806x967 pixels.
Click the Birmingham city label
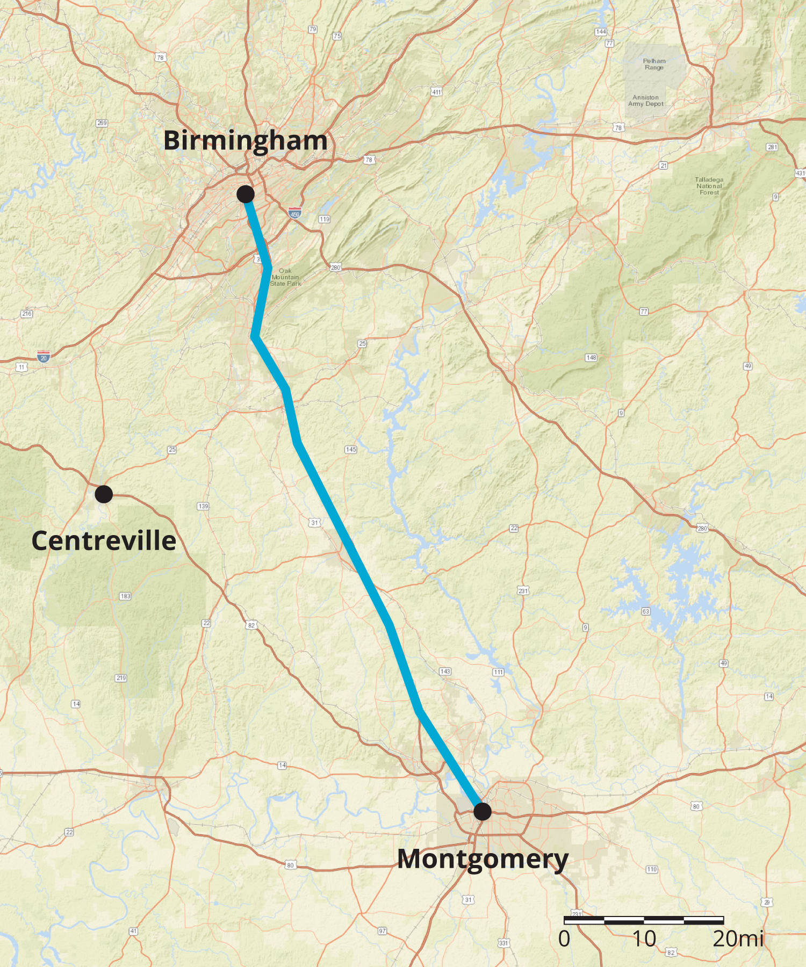pos(245,141)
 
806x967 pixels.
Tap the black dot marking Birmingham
pos(246,194)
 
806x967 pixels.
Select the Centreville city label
pos(104,540)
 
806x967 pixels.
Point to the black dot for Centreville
pos(104,494)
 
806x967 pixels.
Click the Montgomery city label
pos(483,858)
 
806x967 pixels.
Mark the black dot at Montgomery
pos(483,811)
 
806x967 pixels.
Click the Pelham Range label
pos(654,64)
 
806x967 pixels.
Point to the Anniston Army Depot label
pos(646,101)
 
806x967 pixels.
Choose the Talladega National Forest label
pos(709,186)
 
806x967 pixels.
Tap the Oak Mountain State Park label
pos(285,277)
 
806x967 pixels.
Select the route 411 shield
pos(437,92)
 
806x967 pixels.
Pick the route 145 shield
pos(351,449)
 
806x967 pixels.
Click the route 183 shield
pos(125,596)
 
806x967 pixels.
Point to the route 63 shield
pos(646,611)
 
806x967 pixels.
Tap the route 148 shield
pos(591,357)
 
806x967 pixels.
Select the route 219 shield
pos(121,678)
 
